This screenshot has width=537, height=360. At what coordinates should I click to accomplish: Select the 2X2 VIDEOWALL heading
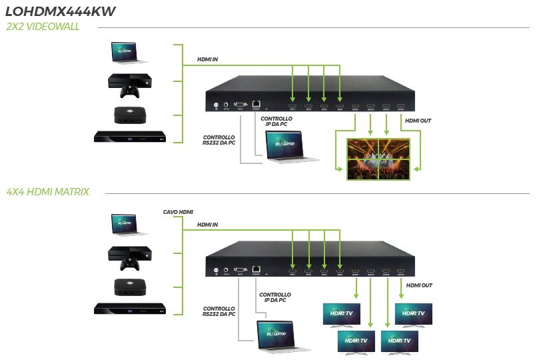42,27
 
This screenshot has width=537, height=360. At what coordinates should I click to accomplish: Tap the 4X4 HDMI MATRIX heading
47,191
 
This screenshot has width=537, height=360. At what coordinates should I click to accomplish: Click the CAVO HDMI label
178,212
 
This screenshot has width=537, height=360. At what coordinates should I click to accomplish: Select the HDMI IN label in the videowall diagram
207,59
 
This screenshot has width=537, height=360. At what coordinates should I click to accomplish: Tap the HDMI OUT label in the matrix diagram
418,285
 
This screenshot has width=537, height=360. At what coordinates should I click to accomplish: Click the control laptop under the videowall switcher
290,147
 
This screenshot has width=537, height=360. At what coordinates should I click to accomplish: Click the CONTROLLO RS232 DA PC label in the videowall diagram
219,141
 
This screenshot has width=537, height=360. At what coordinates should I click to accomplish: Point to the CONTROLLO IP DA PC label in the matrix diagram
275,297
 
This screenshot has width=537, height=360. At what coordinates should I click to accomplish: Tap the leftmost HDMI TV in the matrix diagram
342,314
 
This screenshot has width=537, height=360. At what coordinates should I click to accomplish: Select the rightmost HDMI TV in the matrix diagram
413,314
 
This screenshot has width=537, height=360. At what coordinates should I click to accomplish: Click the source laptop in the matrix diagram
129,225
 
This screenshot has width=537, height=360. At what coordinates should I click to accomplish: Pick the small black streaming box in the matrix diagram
129,286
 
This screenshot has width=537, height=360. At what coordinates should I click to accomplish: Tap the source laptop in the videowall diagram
129,55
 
